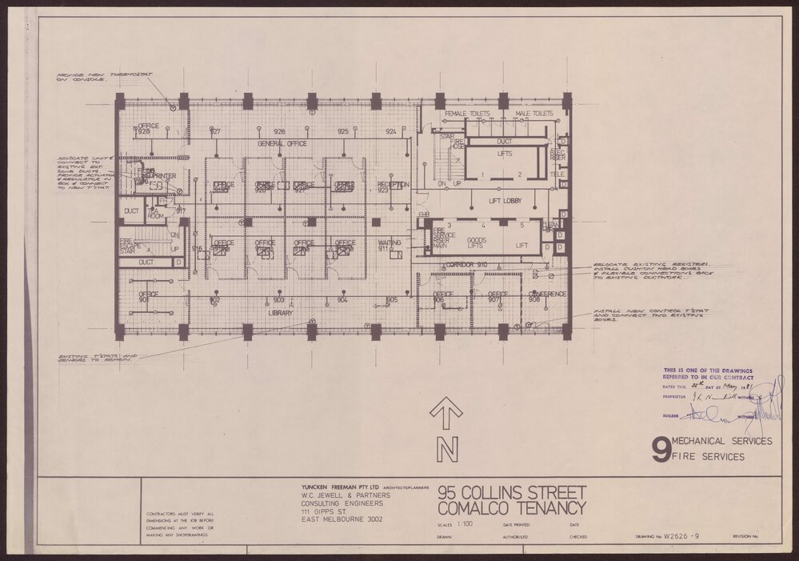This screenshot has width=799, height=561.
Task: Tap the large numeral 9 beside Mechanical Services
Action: coord(661,451)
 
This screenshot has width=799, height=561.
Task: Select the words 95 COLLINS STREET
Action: coord(512,492)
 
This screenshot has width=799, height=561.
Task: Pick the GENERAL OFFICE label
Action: coord(282,143)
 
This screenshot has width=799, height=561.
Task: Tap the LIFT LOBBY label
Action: coord(505,201)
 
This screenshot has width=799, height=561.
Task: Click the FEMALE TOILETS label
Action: coord(467,114)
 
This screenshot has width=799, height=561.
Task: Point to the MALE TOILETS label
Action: coord(534,114)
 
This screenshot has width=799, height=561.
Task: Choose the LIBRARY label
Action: coord(280,313)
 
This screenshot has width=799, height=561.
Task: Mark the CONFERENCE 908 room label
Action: coord(547,298)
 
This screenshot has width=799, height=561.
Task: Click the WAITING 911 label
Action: coord(389,246)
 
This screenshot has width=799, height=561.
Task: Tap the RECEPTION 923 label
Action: coord(393,187)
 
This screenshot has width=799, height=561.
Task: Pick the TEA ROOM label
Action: coord(154,213)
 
